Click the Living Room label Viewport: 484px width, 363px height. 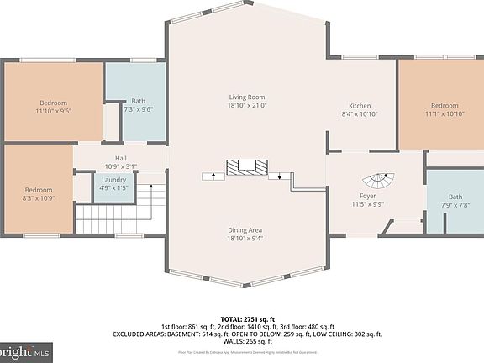tap(246, 97)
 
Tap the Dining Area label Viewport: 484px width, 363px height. tap(246, 230)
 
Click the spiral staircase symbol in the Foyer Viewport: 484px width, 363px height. tap(379, 181)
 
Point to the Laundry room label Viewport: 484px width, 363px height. tap(113, 180)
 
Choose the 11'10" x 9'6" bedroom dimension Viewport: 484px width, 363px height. tap(52, 110)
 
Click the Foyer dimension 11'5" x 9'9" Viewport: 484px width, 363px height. tap(366, 203)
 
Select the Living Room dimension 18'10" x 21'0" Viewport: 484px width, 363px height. tap(246, 106)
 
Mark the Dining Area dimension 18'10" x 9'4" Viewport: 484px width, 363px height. tap(246, 239)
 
